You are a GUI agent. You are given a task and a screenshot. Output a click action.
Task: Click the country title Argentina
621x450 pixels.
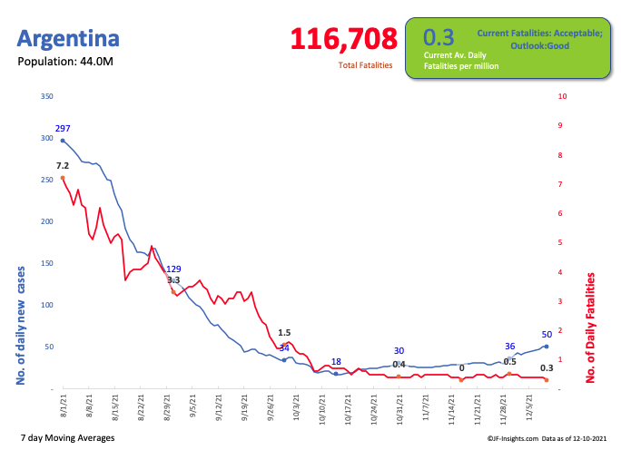pyautogui.click(x=68, y=39)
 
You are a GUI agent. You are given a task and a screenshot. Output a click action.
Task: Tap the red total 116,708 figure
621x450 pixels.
pyautogui.click(x=344, y=39)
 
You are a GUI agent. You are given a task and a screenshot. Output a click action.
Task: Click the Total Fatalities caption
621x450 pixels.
pyautogui.click(x=366, y=66)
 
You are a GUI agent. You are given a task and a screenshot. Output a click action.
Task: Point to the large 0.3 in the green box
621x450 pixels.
pyautogui.click(x=439, y=37)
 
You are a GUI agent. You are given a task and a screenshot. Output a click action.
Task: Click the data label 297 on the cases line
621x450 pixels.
pyautogui.click(x=63, y=129)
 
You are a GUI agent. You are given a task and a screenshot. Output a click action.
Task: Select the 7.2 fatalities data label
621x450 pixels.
pyautogui.click(x=63, y=166)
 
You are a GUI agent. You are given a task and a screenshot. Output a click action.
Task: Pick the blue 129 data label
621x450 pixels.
pyautogui.click(x=174, y=269)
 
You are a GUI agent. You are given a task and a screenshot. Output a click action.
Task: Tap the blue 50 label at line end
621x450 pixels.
pyautogui.click(x=547, y=335)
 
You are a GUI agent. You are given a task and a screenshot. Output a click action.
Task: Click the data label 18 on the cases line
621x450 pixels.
pyautogui.click(x=336, y=362)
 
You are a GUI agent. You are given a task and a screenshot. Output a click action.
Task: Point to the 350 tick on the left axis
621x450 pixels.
pyautogui.click(x=47, y=96)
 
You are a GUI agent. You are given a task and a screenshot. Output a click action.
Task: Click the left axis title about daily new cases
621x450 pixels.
pyautogui.click(x=21, y=325)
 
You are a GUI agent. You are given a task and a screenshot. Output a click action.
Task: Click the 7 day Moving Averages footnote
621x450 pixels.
pyautogui.click(x=66, y=438)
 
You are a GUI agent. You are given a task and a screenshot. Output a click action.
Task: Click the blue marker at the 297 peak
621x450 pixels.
pyautogui.click(x=63, y=141)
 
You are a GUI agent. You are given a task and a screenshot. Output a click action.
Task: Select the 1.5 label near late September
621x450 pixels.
pyautogui.click(x=284, y=333)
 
